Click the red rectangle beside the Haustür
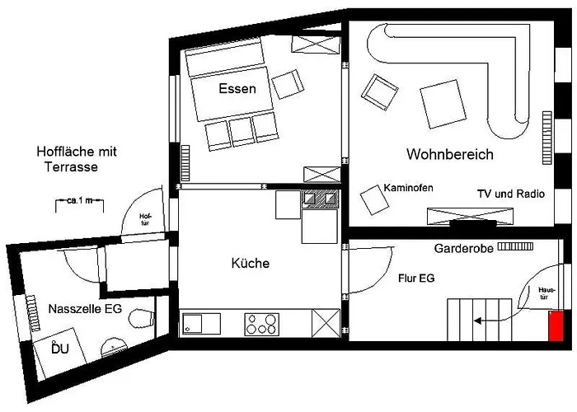pyautogui.click(x=557, y=325)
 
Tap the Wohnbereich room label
pyautogui.click(x=449, y=154)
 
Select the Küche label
pyautogui.click(x=251, y=264)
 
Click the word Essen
pyautogui.click(x=237, y=89)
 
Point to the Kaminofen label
pyautogui.click(x=409, y=189)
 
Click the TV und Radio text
pyautogui.click(x=510, y=194)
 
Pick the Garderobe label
pyautogui.click(x=462, y=247)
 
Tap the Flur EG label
pyautogui.click(x=415, y=279)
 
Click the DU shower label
pyautogui.click(x=60, y=349)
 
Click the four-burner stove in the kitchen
pyautogui.click(x=261, y=323)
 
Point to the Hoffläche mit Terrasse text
pyautogui.click(x=77, y=159)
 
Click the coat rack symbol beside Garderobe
pyautogui.click(x=514, y=246)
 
